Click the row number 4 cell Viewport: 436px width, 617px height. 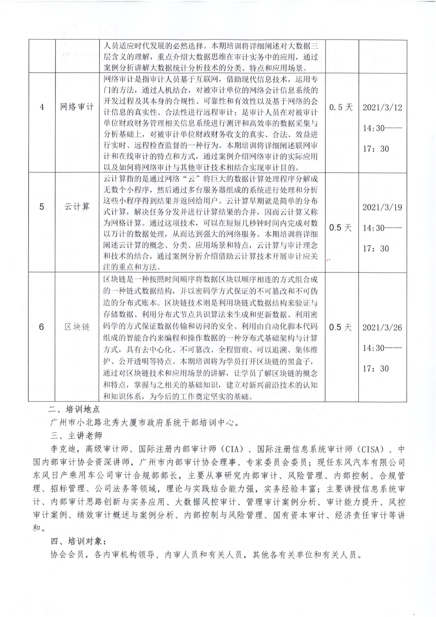pos(42,107)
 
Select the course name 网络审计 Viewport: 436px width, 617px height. pos(77,107)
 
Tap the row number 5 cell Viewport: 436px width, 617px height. pos(42,206)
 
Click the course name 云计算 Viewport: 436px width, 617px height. pos(77,206)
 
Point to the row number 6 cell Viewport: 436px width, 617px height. pos(42,327)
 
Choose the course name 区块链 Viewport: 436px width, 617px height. pos(77,327)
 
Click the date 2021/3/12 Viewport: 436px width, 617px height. pos(382,108)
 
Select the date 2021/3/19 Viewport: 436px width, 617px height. pos(382,207)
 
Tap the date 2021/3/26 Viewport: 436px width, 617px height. pos(382,328)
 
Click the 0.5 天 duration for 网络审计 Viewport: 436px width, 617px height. pos(341,107)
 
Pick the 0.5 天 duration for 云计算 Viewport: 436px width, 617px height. pos(340,228)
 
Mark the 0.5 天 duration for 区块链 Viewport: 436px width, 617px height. pos(340,327)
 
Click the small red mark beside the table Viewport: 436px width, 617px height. pos(329,260)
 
